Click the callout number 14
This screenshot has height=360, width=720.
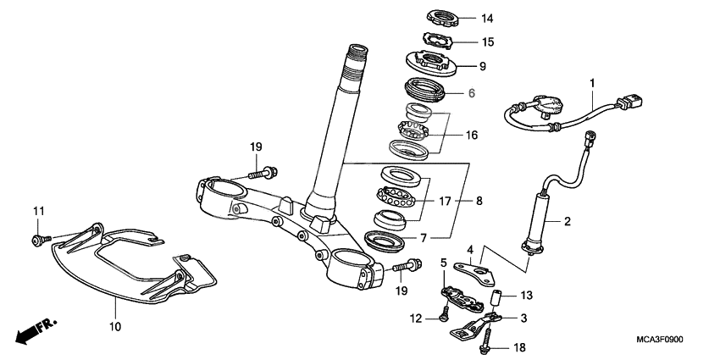click(x=486, y=18)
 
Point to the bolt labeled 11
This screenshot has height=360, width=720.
click(x=38, y=241)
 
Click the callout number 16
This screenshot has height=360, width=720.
click(x=471, y=135)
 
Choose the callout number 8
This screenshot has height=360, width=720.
click(x=479, y=201)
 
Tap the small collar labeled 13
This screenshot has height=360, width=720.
click(x=499, y=299)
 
